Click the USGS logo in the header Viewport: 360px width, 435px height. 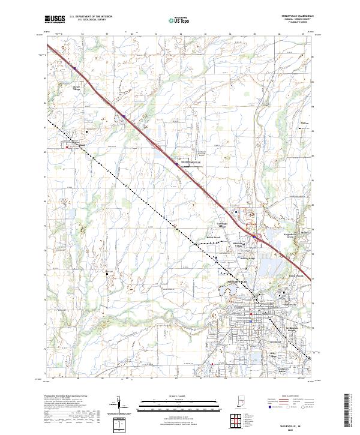55,19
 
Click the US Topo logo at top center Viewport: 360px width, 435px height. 173,20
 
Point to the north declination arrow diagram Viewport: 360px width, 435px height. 123,408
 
